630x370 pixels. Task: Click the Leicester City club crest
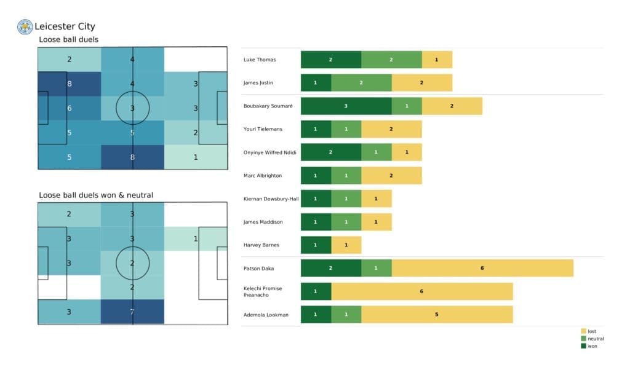click(x=25, y=26)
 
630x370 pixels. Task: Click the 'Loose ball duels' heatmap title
click(x=68, y=40)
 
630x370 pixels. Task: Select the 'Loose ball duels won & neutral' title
click(x=96, y=195)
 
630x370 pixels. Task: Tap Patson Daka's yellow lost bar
click(x=482, y=268)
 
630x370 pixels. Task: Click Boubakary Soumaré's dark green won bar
click(x=346, y=106)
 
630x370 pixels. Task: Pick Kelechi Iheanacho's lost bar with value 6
click(x=421, y=291)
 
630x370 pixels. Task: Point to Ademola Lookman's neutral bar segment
click(x=346, y=315)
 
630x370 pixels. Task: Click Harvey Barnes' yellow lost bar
click(x=346, y=245)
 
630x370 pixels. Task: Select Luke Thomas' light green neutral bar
click(x=391, y=60)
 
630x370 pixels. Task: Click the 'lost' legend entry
click(x=591, y=331)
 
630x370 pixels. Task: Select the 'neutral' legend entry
click(x=595, y=339)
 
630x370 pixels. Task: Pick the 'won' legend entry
click(x=592, y=346)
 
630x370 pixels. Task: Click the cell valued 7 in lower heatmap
click(x=133, y=312)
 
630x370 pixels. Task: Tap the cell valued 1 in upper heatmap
click(x=196, y=157)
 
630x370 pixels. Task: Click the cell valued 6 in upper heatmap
click(x=70, y=108)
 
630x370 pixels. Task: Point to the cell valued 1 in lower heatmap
click(x=196, y=238)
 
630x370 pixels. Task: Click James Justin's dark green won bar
click(x=316, y=83)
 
